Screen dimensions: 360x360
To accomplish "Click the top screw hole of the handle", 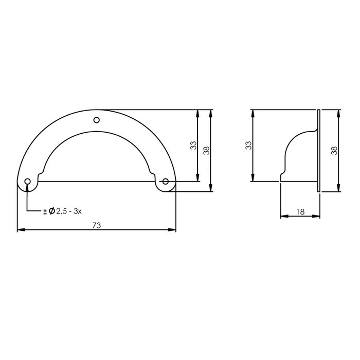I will pyautogui.click(x=96, y=120).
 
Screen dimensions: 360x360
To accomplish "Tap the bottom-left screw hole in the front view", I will pyautogui.click(x=27, y=181).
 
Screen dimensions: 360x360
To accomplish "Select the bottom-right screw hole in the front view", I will pyautogui.click(x=166, y=181).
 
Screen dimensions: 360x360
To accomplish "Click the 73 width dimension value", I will pyautogui.click(x=96, y=225).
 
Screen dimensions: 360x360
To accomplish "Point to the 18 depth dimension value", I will pyautogui.click(x=300, y=211).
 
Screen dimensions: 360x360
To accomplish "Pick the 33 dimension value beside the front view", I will pyautogui.click(x=193, y=146).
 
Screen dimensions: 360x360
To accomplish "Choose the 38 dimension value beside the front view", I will pyautogui.click(x=207, y=150).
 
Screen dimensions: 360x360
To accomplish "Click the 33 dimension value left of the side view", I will pyautogui.click(x=248, y=146).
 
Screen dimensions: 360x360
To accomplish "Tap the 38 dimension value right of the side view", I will pyautogui.click(x=334, y=150).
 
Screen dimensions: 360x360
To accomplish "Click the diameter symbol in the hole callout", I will pyautogui.click(x=52, y=211).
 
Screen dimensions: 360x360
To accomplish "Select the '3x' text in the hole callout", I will pyautogui.click(x=79, y=211).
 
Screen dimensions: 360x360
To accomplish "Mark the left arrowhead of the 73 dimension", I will pyautogui.click(x=21, y=230).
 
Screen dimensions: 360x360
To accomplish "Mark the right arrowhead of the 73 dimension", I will pyautogui.click(x=173, y=230).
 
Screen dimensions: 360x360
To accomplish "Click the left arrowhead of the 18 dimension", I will pyautogui.click(x=283, y=217).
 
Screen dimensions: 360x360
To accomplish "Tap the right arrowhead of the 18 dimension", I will pyautogui.click(x=317, y=217).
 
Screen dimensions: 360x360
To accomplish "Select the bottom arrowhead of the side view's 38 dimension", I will pyautogui.click(x=339, y=189).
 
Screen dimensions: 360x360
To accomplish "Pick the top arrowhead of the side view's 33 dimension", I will pyautogui.click(x=253, y=113).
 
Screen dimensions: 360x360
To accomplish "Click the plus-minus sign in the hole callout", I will pyautogui.click(x=45, y=211).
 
